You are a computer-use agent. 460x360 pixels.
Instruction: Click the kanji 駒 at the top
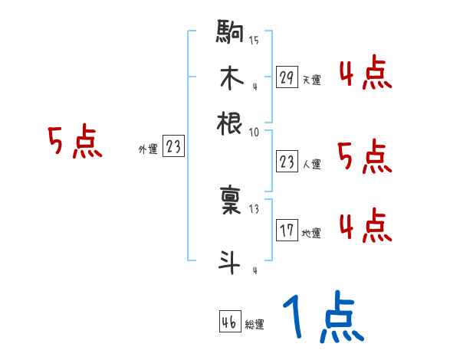[x=230, y=34]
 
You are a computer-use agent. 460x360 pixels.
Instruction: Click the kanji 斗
[x=230, y=260]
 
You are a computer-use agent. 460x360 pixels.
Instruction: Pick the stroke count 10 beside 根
[x=253, y=132]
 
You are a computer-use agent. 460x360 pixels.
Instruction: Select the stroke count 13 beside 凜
[x=253, y=208]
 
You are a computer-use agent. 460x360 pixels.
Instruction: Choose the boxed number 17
[x=287, y=231]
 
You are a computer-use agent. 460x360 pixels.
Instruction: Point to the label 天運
[x=311, y=79]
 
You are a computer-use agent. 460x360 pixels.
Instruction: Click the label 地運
[x=311, y=233]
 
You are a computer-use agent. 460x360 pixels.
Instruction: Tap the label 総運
[x=255, y=324]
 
